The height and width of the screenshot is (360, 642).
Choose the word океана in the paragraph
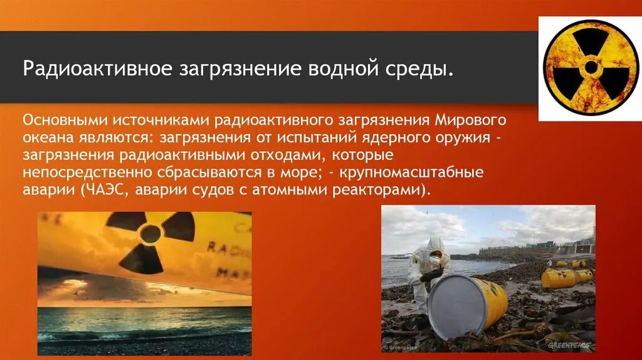[46, 137]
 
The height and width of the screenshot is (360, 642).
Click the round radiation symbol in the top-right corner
[587, 68]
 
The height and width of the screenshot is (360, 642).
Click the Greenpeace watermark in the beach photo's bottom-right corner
[569, 345]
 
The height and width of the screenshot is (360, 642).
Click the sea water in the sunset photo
[144, 320]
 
